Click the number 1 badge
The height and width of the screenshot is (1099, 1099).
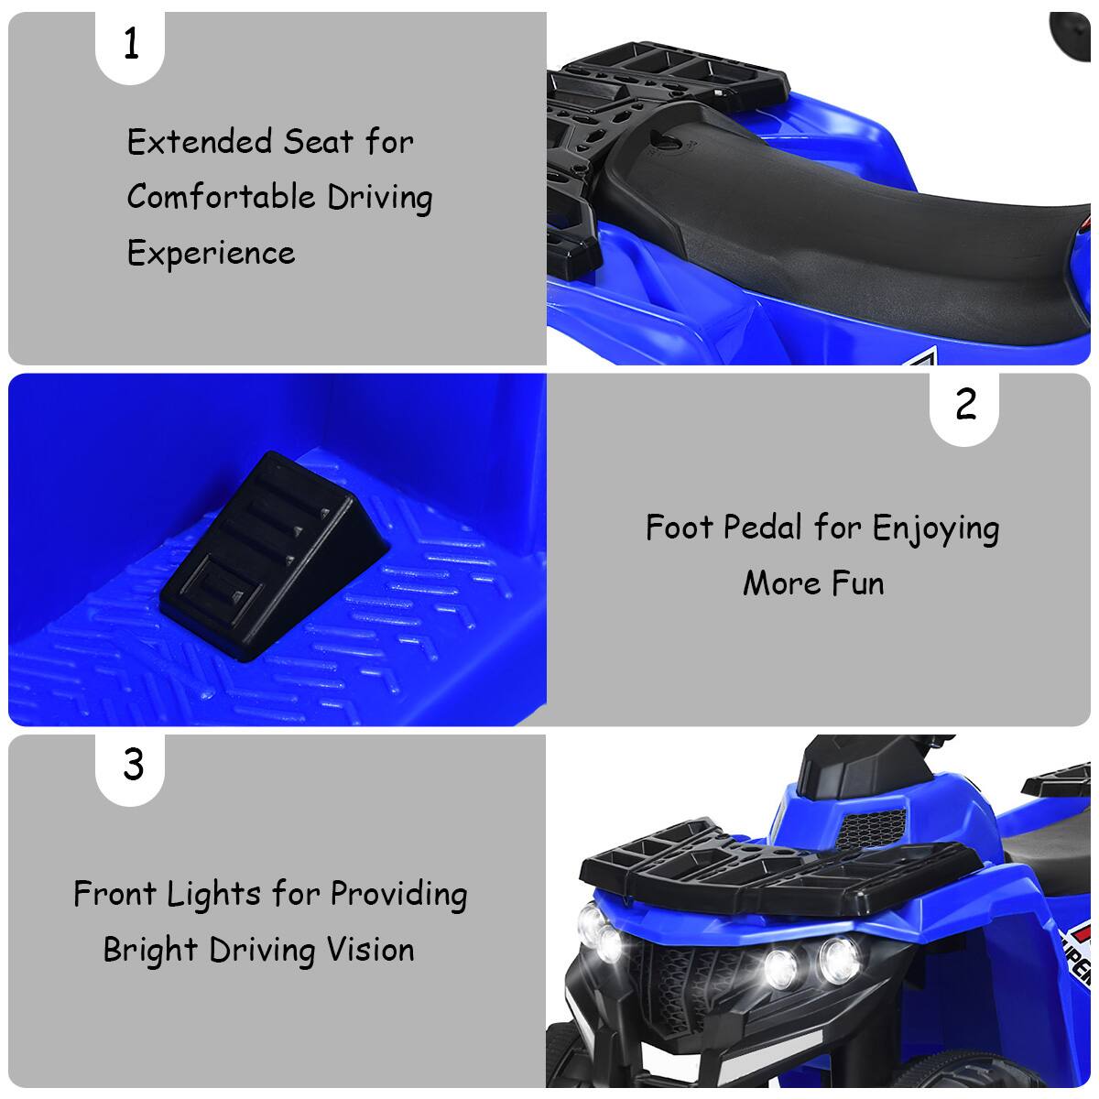(x=131, y=44)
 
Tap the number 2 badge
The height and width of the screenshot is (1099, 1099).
(x=965, y=405)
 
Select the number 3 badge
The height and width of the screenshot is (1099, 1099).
(x=133, y=764)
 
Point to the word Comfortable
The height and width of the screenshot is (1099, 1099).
(x=221, y=197)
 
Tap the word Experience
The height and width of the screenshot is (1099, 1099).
(x=211, y=254)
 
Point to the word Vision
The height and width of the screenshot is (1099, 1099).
(x=370, y=950)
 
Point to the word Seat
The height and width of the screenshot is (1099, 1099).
(x=318, y=142)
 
